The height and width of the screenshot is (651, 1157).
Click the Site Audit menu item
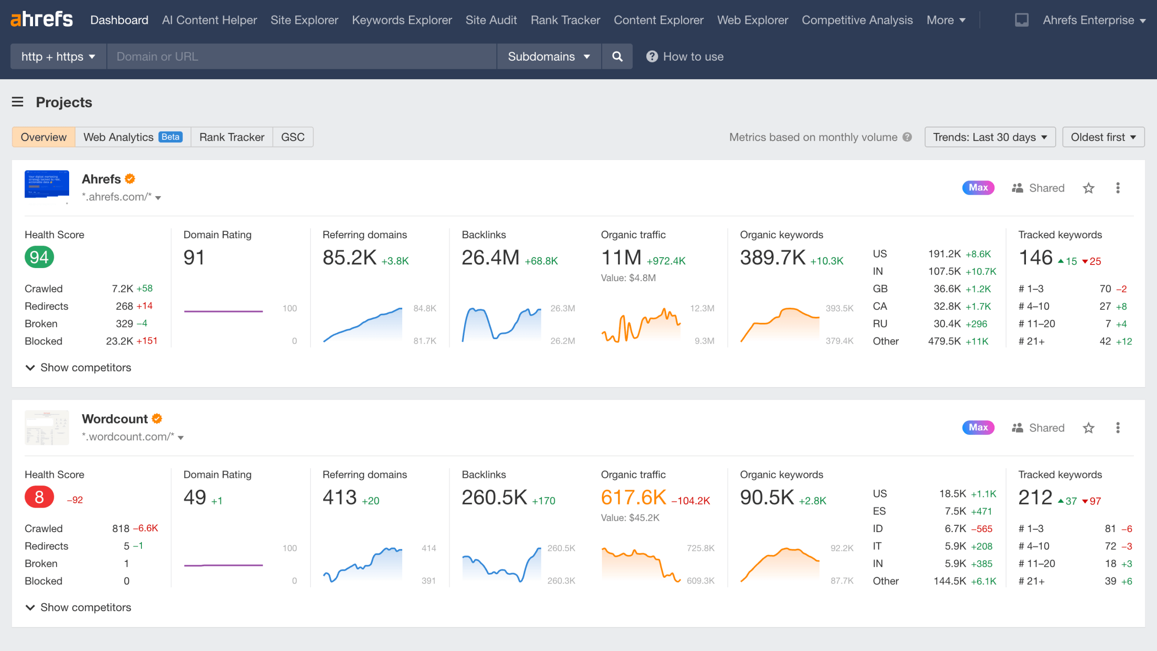coord(491,20)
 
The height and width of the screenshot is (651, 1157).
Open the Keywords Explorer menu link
coord(401,20)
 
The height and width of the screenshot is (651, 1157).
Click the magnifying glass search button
coord(617,57)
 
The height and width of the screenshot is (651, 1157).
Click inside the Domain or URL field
coord(301,57)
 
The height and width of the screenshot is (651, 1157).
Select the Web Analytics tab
coord(132,137)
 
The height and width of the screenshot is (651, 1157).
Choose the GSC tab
coord(292,137)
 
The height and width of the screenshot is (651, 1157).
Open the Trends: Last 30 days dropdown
coord(989,137)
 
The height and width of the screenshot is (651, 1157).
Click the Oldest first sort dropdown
coord(1103,137)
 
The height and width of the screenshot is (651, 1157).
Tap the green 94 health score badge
coord(39,257)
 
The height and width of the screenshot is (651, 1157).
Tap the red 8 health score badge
coord(39,497)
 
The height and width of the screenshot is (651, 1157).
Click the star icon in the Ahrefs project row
coord(1088,188)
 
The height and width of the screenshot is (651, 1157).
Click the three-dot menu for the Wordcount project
coord(1118,428)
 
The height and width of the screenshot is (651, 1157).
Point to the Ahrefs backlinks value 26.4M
coord(490,258)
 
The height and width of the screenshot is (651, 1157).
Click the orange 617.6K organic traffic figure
coord(633,497)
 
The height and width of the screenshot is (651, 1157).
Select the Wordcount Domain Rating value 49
coord(195,497)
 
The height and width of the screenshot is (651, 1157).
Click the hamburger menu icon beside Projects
coord(18,102)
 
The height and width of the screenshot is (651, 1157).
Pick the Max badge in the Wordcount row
coord(978,428)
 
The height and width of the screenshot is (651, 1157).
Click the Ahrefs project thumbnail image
coord(47,184)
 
